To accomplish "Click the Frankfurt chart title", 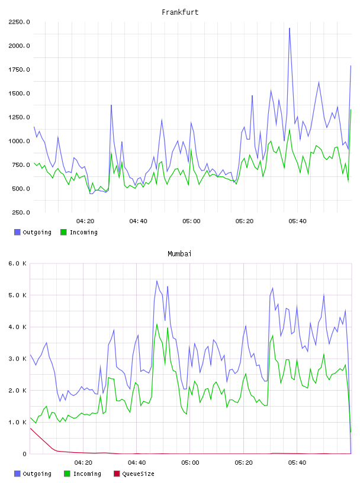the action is coord(180,12).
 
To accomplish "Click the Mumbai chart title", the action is coord(179,253).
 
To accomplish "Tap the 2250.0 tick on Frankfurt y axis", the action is coord(19,22).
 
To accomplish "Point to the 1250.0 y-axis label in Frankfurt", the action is coord(19,117).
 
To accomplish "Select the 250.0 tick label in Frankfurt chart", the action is coord(21,212).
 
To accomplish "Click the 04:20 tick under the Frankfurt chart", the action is coord(85,221).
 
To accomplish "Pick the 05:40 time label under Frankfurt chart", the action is coord(297,221).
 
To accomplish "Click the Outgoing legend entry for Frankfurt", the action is coord(33,232).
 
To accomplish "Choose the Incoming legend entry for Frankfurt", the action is coord(79,232).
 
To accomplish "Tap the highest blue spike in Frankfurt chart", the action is coord(290,28).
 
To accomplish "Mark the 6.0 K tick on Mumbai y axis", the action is coord(17,263).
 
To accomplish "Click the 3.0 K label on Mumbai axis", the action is coord(17,359).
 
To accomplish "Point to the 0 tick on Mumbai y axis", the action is coord(24,454).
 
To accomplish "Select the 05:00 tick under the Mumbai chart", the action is coord(190,462).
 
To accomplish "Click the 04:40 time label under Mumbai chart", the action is coord(137,462).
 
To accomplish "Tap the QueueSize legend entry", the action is coord(134,474).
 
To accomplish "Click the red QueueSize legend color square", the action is coord(117,474).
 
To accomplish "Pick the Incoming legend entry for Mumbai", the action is coord(82,474).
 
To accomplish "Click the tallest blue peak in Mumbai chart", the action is coord(157,281).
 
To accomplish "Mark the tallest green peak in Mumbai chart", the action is coord(157,324).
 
